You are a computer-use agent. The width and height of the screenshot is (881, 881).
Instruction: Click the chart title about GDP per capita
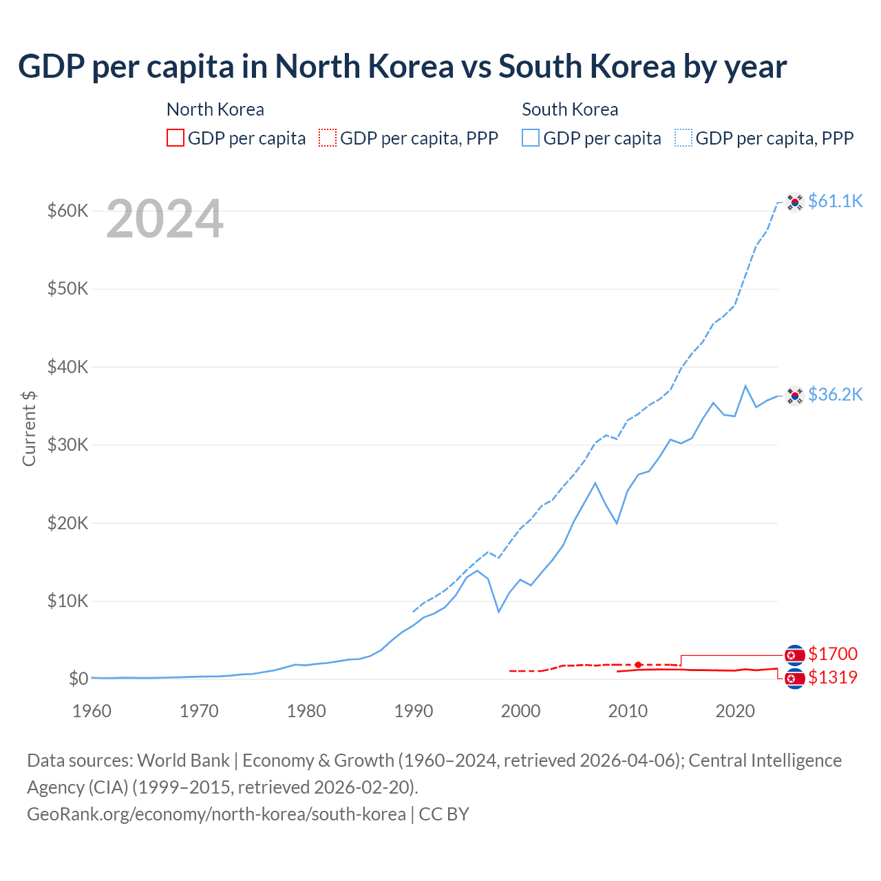[403, 67]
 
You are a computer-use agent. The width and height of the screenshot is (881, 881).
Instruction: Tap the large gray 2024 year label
[164, 219]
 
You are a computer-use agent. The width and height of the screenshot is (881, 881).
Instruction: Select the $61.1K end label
[835, 201]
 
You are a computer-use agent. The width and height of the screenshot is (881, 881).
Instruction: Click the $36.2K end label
[835, 394]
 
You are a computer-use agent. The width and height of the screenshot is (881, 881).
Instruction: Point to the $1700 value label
[833, 654]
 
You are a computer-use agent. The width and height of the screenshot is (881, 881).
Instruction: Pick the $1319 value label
[833, 677]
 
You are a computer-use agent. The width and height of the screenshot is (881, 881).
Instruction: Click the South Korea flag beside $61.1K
[795, 202]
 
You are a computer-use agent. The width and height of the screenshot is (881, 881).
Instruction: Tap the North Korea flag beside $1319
[795, 679]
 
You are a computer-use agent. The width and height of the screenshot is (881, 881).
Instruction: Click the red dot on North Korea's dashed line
[638, 665]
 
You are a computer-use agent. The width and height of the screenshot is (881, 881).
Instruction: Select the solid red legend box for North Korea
[176, 138]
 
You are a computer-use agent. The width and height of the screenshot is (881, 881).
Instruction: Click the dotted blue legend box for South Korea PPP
[683, 138]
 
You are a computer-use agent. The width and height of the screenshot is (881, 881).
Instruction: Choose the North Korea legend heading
[215, 109]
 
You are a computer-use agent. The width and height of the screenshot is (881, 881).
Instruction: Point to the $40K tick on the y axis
[68, 367]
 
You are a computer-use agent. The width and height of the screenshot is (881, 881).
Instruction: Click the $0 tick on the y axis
[78, 679]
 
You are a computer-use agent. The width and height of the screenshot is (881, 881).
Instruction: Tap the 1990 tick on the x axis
[414, 711]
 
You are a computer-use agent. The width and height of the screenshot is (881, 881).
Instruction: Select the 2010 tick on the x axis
[628, 711]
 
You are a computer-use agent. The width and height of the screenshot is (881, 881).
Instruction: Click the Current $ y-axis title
[29, 428]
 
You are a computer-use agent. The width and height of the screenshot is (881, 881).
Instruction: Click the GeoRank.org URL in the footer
[216, 814]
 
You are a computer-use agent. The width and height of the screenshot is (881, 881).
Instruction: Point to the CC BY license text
[444, 814]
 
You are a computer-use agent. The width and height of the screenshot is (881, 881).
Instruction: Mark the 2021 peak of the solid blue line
[745, 386]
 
